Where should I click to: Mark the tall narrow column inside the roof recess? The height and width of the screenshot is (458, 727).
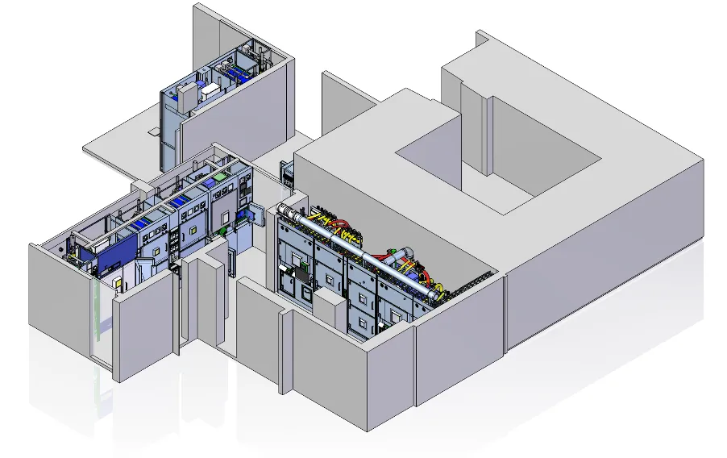coord(487,133)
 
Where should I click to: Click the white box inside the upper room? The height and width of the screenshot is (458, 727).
coord(211,89)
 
